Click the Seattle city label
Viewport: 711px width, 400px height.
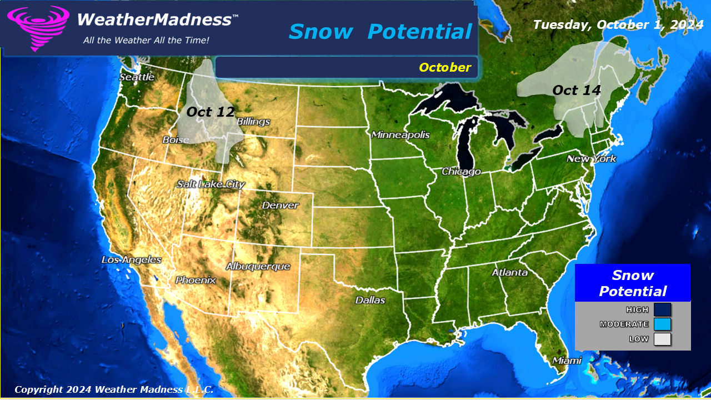point(137,77)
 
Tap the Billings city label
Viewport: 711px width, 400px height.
point(253,122)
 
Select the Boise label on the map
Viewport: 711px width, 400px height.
point(176,140)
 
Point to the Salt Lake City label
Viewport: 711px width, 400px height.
point(211,184)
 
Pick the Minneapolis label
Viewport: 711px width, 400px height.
point(400,135)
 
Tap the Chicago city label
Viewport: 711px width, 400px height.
point(461,172)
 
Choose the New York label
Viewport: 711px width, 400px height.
point(591,159)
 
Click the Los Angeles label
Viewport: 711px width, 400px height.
point(132,260)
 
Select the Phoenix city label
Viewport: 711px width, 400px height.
point(196,281)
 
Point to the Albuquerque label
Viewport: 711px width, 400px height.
point(258,267)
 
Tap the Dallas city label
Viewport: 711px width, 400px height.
point(370,301)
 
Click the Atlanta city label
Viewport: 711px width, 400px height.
point(509,273)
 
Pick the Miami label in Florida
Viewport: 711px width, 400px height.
point(567,361)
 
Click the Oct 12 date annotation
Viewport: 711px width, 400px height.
point(211,112)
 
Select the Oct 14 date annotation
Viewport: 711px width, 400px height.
point(577,91)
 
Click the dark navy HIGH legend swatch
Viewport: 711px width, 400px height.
point(662,309)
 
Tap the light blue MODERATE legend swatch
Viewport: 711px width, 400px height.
point(662,324)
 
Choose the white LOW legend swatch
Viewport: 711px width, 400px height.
point(662,339)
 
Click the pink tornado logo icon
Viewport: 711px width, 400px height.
point(38,28)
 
